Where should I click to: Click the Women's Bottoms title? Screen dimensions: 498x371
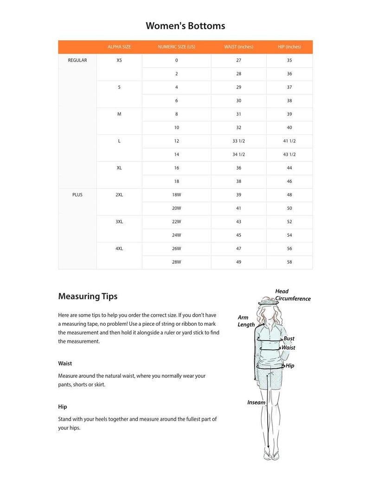pyautogui.click(x=185, y=26)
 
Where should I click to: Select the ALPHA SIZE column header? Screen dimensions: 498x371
pyautogui.click(x=119, y=47)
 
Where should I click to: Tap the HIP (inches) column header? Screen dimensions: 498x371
pyautogui.click(x=289, y=47)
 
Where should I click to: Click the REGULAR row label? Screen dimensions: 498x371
pyautogui.click(x=77, y=61)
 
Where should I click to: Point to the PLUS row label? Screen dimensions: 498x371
pyautogui.click(x=77, y=195)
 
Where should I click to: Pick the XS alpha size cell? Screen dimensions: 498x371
pyautogui.click(x=119, y=61)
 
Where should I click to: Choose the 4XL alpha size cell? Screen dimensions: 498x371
pyautogui.click(x=119, y=249)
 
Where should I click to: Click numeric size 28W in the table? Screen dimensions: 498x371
pyautogui.click(x=176, y=262)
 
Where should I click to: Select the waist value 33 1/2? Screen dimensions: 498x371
pyautogui.click(x=239, y=141)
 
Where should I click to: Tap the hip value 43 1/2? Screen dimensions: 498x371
pyautogui.click(x=289, y=155)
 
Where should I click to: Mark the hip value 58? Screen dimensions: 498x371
pyautogui.click(x=289, y=262)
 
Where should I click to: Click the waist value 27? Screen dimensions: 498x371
pyautogui.click(x=239, y=61)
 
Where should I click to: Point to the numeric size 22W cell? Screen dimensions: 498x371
pyautogui.click(x=176, y=222)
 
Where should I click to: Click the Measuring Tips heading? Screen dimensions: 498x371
pyautogui.click(x=88, y=296)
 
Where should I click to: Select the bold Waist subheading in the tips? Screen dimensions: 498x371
pyautogui.click(x=65, y=364)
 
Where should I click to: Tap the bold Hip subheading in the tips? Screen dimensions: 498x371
pyautogui.click(x=63, y=407)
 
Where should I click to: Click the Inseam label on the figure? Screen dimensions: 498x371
pyautogui.click(x=256, y=403)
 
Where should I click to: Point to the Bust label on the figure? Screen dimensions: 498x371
pyautogui.click(x=289, y=339)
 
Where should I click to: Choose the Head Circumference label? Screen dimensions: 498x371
pyautogui.click(x=292, y=295)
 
